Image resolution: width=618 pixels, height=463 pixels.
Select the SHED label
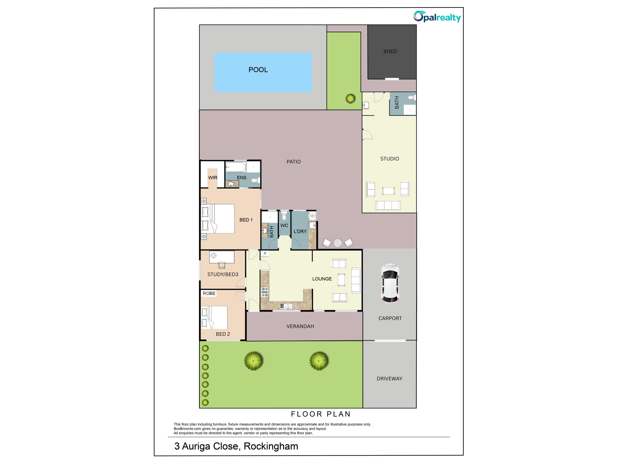click(x=390, y=51)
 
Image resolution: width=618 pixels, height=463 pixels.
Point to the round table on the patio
click(x=337, y=243)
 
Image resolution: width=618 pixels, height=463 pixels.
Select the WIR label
click(x=213, y=177)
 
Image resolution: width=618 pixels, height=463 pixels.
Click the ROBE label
click(x=209, y=293)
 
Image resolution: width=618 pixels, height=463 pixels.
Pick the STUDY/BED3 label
click(x=223, y=274)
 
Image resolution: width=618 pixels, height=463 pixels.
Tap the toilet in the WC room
click(x=284, y=216)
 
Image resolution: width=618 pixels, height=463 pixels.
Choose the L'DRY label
click(x=300, y=231)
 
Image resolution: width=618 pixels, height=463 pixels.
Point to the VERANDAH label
click(x=300, y=326)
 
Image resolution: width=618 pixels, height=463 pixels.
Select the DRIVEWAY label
click(x=389, y=379)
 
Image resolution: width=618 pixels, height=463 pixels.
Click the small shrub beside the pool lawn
click(x=350, y=98)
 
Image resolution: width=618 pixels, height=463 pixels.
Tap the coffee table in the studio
click(x=388, y=191)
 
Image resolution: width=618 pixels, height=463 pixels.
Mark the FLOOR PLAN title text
click(x=321, y=414)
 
